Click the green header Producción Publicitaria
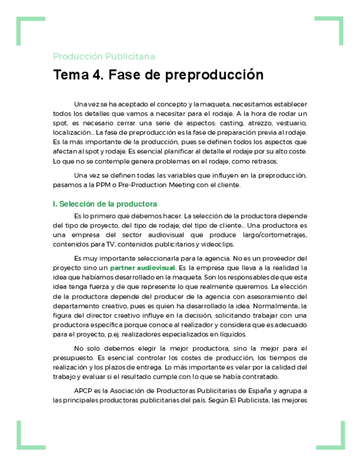(104, 56)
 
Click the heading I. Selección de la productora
(105, 204)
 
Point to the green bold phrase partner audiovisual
(142, 268)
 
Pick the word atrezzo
(258, 123)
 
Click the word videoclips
(219, 244)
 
